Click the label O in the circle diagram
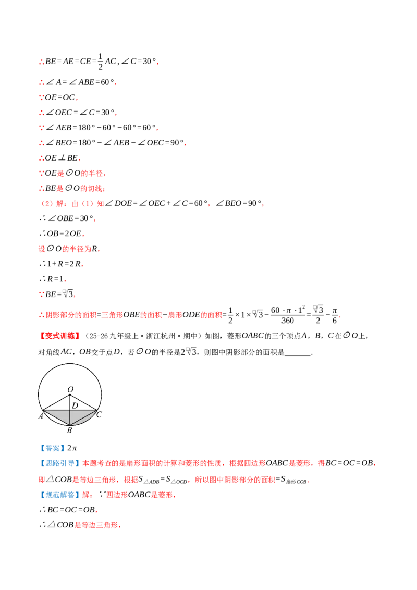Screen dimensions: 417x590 pos(70,389)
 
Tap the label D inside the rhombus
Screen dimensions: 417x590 pos(75,405)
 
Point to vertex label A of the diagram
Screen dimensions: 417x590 pos(41,416)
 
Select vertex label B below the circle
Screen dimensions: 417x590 pos(69,430)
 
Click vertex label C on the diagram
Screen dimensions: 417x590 pos(99,415)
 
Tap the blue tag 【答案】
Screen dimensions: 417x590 pos(52,448)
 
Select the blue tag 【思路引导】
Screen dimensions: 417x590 pos(60,463)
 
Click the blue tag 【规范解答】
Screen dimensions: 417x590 pos(60,495)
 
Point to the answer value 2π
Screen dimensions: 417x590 pos(72,448)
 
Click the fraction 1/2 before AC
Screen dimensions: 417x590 pos(101,62)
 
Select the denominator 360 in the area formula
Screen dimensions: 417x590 pos(288,321)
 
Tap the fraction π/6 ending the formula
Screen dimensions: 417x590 pos(335,315)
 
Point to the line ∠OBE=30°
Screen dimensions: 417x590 pos(67,218)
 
